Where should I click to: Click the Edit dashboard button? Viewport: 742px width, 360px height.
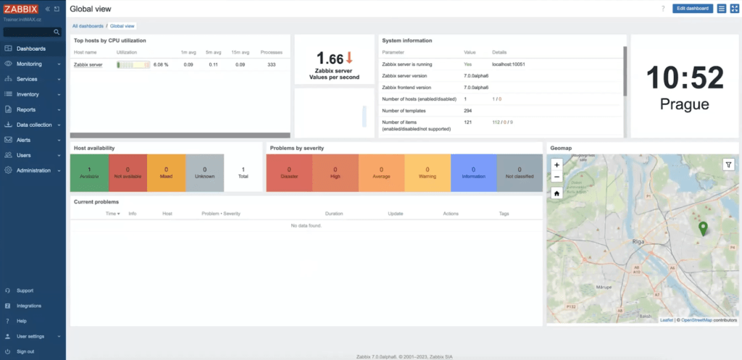coord(692,9)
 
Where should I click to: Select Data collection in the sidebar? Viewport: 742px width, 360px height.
coord(34,125)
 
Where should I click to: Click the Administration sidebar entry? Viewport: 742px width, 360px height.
coord(33,170)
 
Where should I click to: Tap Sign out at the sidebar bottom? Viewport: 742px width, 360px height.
coord(25,351)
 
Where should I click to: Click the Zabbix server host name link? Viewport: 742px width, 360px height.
coord(88,64)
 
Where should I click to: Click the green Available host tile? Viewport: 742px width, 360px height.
coord(89,172)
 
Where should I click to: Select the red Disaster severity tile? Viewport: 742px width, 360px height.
coord(289,172)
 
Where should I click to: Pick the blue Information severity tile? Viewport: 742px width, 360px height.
coord(473,172)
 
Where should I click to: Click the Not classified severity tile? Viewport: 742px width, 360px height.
coord(519,172)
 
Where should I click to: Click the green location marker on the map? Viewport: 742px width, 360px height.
coord(702,230)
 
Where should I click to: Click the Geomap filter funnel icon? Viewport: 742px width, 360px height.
coord(728,164)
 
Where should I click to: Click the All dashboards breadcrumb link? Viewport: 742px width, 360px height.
coord(87,26)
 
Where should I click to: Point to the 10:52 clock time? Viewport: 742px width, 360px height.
coord(685,78)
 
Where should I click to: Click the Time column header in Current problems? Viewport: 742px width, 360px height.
coord(112,214)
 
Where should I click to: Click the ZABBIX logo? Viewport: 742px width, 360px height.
coord(20,9)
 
